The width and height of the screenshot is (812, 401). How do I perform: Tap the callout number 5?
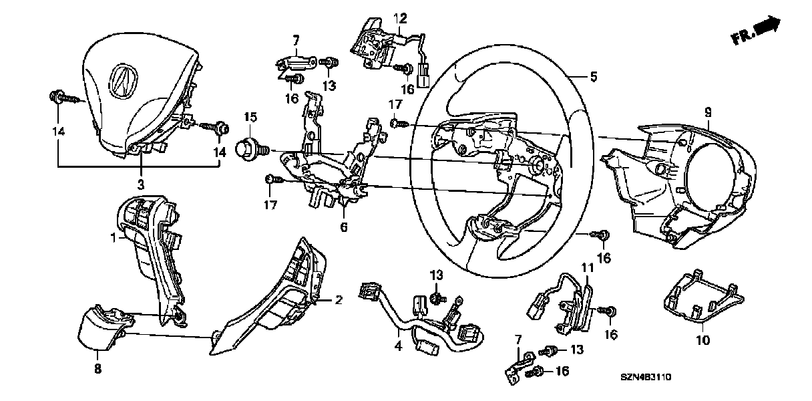(594, 77)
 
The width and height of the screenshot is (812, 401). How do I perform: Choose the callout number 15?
(250, 118)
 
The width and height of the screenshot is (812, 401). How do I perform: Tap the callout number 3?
(142, 183)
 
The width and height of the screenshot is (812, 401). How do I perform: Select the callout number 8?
(97, 367)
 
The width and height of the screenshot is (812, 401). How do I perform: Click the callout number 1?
(114, 237)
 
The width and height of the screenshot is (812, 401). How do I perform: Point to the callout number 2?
(339, 301)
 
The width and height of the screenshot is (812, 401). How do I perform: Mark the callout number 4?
(399, 346)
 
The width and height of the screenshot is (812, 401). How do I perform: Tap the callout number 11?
(587, 268)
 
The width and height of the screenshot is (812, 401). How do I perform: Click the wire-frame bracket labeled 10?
(701, 297)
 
